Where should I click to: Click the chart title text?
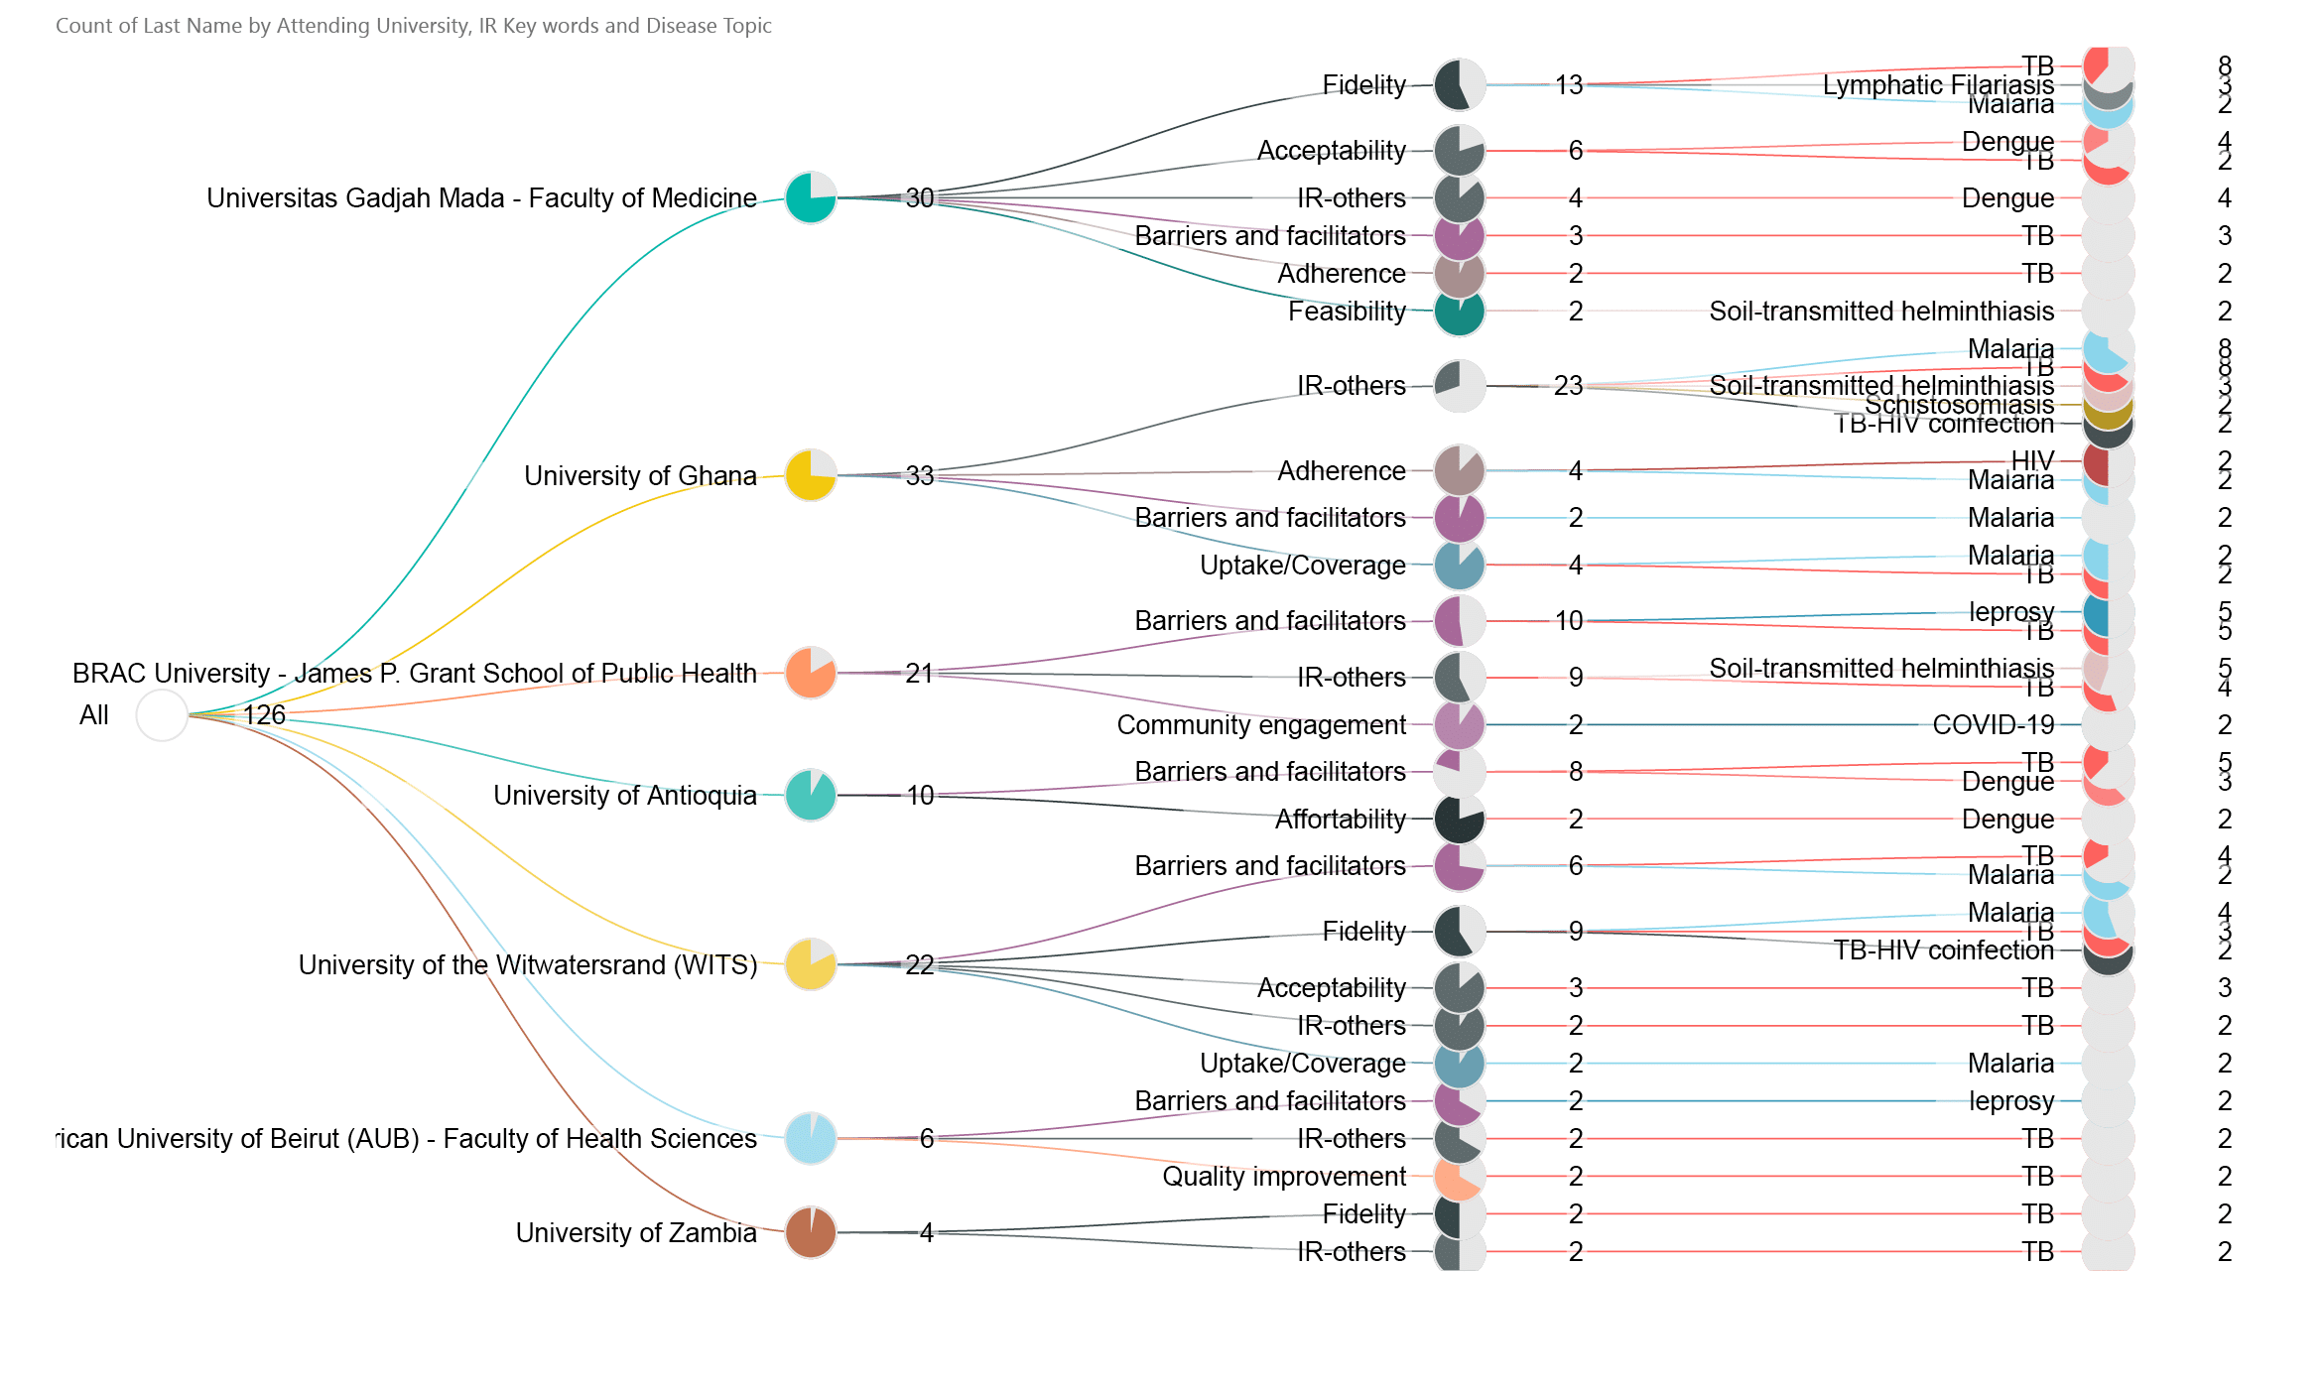click(413, 26)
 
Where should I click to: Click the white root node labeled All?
click(162, 714)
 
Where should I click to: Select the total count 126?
click(264, 714)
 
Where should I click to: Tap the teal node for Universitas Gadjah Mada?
click(811, 197)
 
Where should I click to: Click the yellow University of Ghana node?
click(811, 475)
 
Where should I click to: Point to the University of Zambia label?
click(636, 1232)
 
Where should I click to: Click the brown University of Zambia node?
click(811, 1232)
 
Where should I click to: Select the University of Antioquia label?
click(625, 795)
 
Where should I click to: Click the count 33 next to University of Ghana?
click(920, 475)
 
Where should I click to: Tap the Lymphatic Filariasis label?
click(1938, 85)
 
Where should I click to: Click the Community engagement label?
click(1261, 724)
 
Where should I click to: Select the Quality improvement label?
click(1284, 1176)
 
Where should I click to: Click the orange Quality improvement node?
click(1459, 1176)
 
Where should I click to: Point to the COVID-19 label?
click(1993, 724)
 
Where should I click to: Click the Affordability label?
click(1340, 819)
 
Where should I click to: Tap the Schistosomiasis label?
click(1959, 405)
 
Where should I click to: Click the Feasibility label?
click(1347, 311)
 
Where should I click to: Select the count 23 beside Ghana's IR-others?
click(1568, 385)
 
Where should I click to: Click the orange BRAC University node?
click(811, 673)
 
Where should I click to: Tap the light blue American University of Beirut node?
click(811, 1138)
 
